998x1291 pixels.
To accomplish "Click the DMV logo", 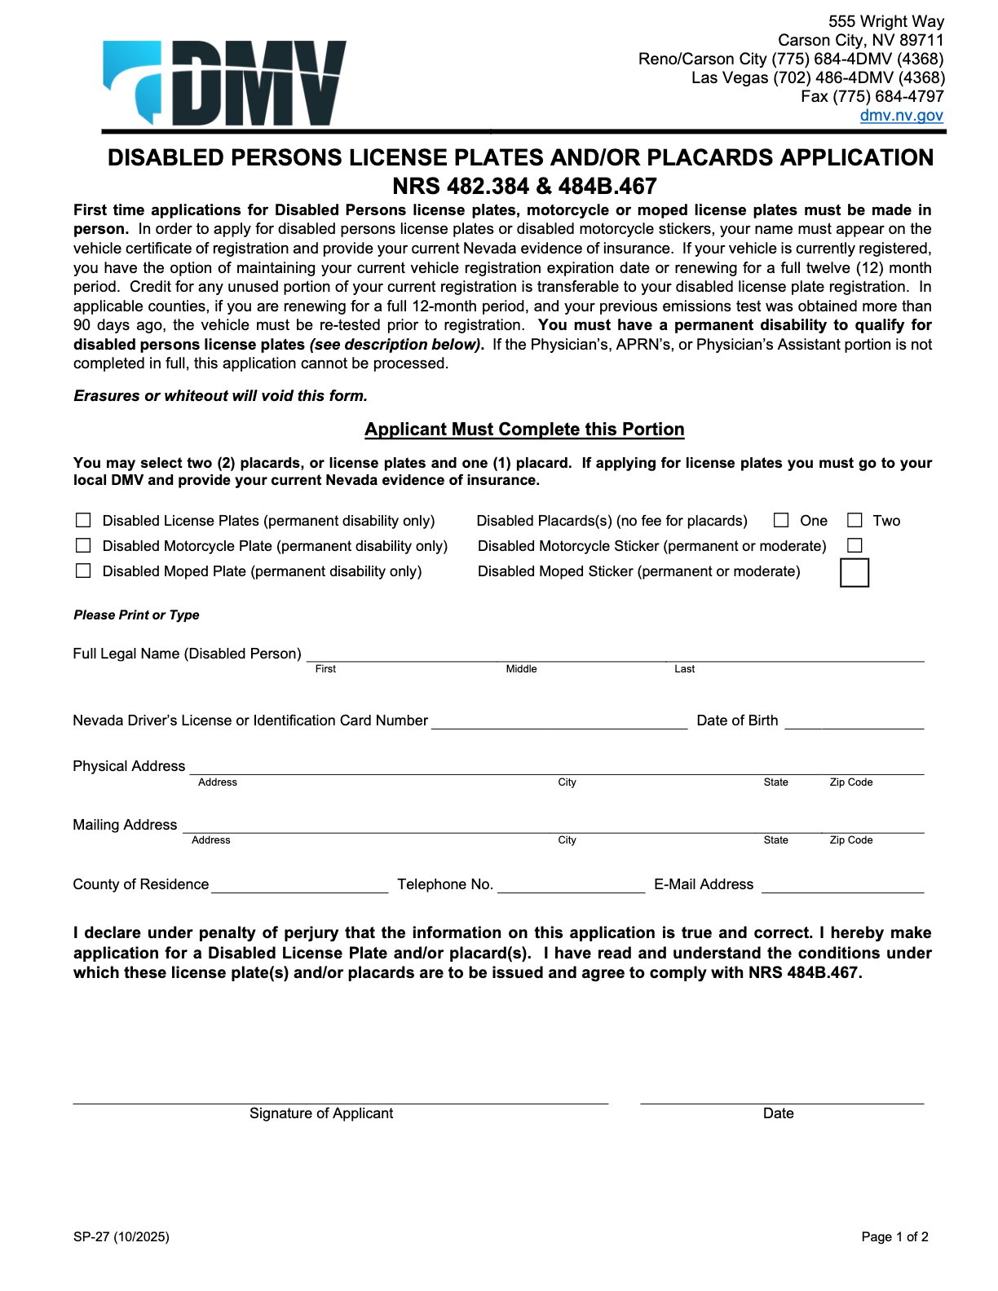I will click(x=225, y=82).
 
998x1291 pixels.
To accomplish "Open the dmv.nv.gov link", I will click(x=901, y=115).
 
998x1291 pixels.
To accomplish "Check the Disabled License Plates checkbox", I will click(x=83, y=520).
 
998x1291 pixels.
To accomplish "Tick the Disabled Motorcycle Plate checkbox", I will click(x=83, y=545).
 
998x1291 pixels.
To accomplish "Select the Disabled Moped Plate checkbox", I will click(x=83, y=571).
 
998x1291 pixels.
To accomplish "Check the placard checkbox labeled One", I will click(x=781, y=520).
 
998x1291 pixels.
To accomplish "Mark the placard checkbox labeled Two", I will click(x=854, y=520).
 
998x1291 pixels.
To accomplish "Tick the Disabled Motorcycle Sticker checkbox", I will click(x=854, y=545).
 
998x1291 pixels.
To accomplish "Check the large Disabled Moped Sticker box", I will click(x=854, y=572).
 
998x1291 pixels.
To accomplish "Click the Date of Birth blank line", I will click(x=854, y=722).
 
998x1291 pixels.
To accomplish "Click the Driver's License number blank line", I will click(x=559, y=722).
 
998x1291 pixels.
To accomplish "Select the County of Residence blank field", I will click(x=299, y=887).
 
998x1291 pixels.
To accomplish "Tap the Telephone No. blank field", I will click(x=571, y=887).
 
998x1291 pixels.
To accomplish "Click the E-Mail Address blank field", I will click(x=842, y=887).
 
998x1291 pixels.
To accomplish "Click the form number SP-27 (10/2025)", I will click(x=121, y=1236).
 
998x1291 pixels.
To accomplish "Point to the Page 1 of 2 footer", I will click(x=894, y=1236).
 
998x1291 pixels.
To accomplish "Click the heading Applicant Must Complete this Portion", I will click(x=524, y=430).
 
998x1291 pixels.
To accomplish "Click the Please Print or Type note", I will click(x=136, y=615).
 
